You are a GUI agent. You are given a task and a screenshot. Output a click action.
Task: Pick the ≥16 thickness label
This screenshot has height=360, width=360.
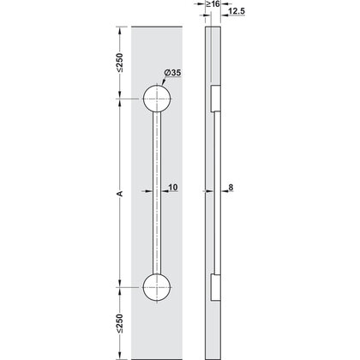pyautogui.click(x=212, y=5)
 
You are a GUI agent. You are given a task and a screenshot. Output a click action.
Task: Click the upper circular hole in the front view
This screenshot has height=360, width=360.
pyautogui.click(x=156, y=99)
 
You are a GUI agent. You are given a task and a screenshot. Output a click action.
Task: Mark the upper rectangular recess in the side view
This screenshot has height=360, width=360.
pyautogui.click(x=215, y=97)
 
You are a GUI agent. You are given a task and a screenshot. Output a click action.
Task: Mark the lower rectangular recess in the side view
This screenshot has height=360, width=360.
pyautogui.click(x=215, y=289)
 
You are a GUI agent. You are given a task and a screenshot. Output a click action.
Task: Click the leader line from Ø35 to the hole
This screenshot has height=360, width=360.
pyautogui.click(x=163, y=84)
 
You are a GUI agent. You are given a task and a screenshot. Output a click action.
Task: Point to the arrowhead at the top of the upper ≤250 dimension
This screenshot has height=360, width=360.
pyautogui.click(x=120, y=29)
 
